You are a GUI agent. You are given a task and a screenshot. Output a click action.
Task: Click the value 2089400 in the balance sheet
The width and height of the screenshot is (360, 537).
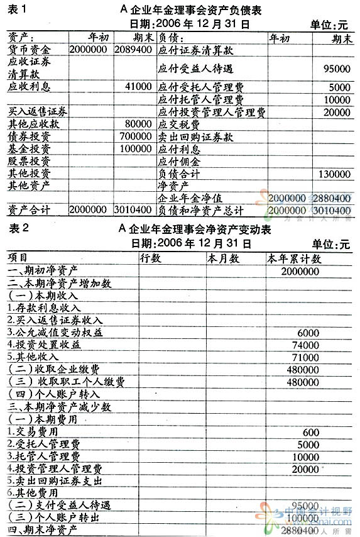coord(134,48)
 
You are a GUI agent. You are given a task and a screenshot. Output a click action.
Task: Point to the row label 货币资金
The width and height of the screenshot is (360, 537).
coord(30,48)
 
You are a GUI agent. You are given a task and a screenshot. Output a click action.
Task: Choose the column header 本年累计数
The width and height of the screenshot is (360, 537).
coord(294,258)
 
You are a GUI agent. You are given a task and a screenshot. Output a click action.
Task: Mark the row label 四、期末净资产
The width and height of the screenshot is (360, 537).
coord(41,530)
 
